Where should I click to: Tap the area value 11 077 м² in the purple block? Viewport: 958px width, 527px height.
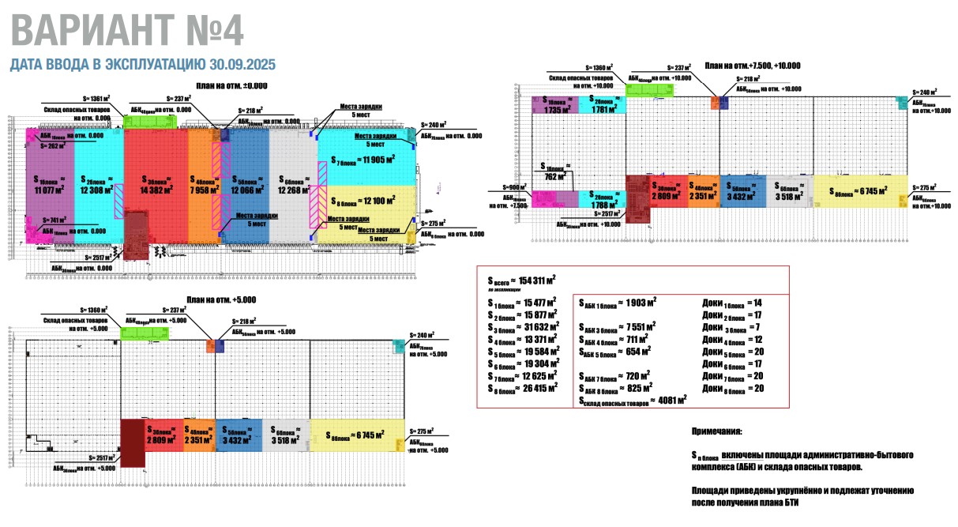(50, 189)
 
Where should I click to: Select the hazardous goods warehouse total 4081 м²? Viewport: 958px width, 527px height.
(667, 400)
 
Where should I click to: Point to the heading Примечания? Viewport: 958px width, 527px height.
(716, 432)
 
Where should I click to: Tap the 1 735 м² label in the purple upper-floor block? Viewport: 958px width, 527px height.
(555, 109)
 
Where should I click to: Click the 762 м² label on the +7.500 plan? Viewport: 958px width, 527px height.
(556, 175)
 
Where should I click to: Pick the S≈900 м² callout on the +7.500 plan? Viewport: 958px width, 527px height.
(514, 187)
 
